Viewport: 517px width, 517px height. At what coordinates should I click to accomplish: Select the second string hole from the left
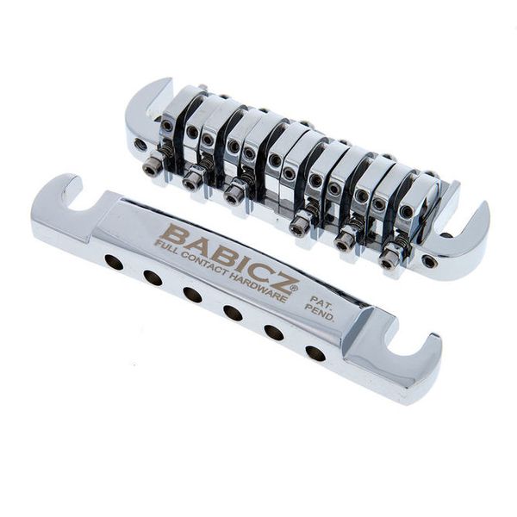[x=153, y=277]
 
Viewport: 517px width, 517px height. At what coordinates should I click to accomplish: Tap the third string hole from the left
[x=192, y=295]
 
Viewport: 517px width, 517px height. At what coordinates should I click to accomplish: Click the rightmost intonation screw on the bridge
[x=389, y=259]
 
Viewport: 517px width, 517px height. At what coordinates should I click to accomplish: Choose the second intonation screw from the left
[x=191, y=182]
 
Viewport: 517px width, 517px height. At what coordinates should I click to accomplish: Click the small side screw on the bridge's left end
[x=140, y=145]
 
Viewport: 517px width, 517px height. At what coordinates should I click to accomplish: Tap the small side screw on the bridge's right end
[x=428, y=261]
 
